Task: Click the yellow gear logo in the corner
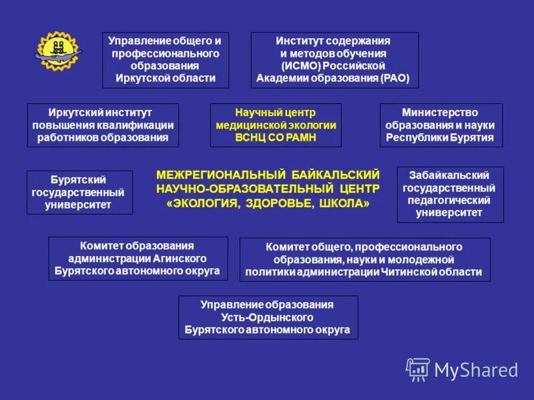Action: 57,51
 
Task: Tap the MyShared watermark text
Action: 476,369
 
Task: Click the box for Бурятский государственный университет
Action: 79,193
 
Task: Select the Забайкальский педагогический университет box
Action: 450,194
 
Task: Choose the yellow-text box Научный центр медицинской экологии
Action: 275,125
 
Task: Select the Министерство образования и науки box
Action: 441,125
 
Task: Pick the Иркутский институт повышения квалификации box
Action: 103,125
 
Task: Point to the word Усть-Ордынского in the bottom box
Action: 268,317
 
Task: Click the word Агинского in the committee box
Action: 186,258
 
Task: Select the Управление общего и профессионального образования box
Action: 165,60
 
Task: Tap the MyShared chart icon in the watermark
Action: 418,369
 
